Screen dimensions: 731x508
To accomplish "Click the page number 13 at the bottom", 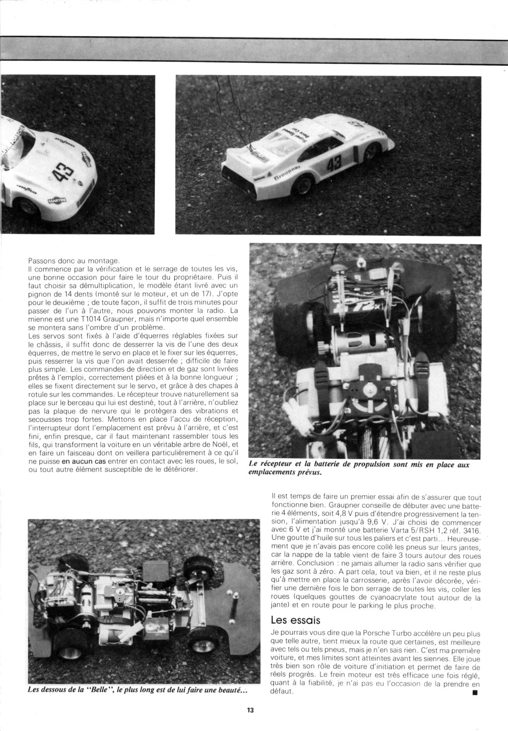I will (250, 710).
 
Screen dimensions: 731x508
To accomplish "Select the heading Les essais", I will (296, 620).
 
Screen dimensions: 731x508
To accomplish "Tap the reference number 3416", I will (470, 530).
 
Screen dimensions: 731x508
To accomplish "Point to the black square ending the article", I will (475, 691).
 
